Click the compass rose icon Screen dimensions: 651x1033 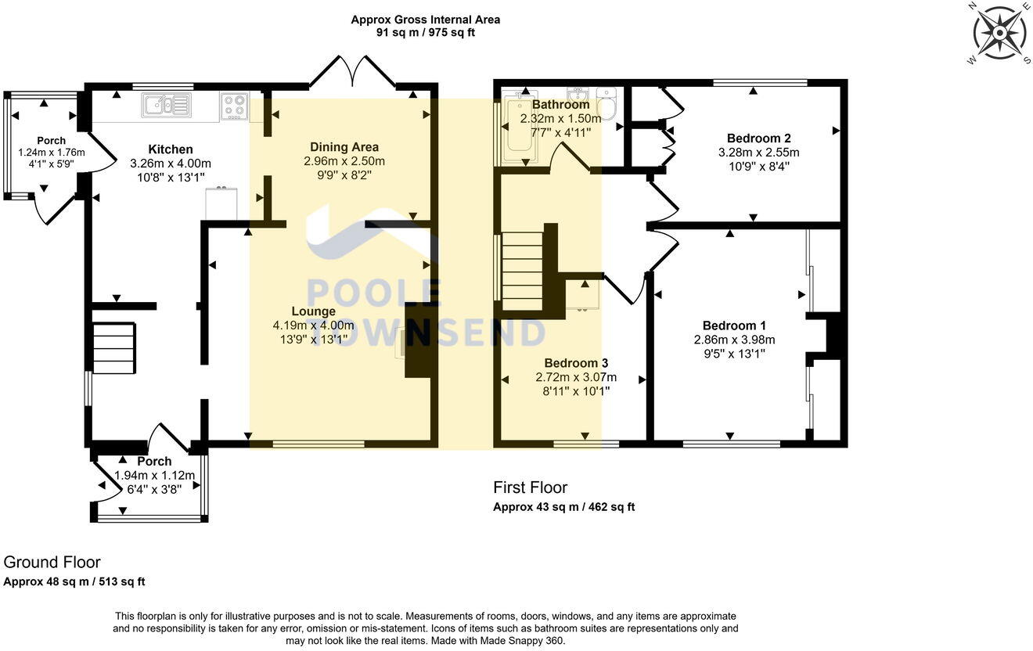[x=999, y=33]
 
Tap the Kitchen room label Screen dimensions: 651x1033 [x=171, y=149]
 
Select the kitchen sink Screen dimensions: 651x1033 [x=167, y=106]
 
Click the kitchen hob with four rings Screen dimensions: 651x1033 [x=234, y=106]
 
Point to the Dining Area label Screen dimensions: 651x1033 [x=344, y=147]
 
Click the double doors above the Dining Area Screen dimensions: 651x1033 [x=353, y=72]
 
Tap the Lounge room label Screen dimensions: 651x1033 [x=314, y=311]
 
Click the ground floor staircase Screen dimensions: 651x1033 [x=114, y=349]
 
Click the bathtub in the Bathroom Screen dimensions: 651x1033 [x=519, y=131]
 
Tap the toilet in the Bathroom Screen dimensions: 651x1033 [x=606, y=103]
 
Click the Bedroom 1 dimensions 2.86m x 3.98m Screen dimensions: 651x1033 [x=734, y=340]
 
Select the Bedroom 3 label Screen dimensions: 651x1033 [x=576, y=363]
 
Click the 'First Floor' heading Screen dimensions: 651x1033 [x=530, y=487]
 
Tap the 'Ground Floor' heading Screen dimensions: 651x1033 [x=52, y=562]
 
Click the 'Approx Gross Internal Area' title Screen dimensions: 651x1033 [x=425, y=20]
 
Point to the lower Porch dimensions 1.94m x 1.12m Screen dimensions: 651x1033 [x=154, y=475]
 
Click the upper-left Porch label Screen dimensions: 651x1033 [x=52, y=141]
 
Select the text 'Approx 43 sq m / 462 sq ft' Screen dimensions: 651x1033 [x=563, y=507]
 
